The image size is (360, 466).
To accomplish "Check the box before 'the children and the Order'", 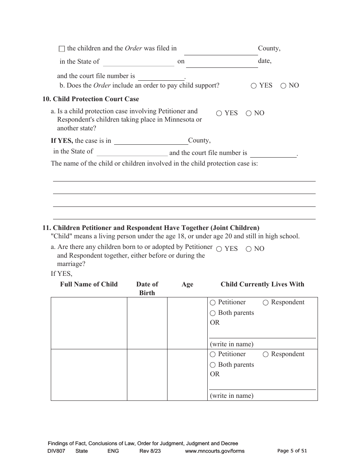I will (x=62, y=49).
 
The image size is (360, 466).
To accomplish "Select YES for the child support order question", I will (x=254, y=86).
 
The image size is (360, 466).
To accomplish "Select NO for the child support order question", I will (x=283, y=86).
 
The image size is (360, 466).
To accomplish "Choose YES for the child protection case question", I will (x=219, y=113).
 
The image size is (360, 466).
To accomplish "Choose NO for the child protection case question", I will (x=249, y=113).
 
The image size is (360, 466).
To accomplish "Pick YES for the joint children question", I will (x=219, y=249).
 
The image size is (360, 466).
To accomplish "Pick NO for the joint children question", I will (x=249, y=249).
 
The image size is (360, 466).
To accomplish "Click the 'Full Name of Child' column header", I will (x=89, y=284).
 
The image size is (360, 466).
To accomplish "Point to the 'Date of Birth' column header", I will (x=147, y=288).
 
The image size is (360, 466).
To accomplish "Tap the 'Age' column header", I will (x=187, y=285).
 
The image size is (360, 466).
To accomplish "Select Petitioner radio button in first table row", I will (x=213, y=303).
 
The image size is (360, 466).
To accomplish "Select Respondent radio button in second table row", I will (x=266, y=354).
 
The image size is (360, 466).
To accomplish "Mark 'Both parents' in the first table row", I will (x=213, y=313).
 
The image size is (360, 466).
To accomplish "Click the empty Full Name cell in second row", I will (x=89, y=375).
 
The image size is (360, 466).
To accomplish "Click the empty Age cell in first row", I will (x=187, y=323).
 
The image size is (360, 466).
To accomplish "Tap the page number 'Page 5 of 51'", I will (x=292, y=451).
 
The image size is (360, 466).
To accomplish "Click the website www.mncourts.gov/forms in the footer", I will (x=214, y=451).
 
